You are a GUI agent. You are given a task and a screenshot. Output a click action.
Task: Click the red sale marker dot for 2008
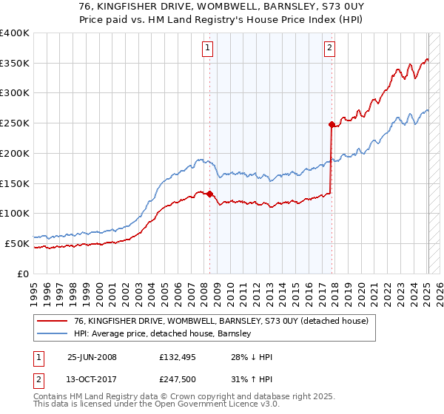point(209,194)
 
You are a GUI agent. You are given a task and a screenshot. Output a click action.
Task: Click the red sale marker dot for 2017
point(332,124)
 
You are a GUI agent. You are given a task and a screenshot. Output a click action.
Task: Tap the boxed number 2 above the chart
point(329,49)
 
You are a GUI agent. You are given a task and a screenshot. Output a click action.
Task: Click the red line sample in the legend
point(52,321)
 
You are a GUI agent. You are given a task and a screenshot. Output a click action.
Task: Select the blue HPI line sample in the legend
point(52,334)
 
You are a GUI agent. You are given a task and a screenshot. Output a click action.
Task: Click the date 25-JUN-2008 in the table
point(92,357)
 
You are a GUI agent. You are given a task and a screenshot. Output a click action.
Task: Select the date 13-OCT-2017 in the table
point(92,381)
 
